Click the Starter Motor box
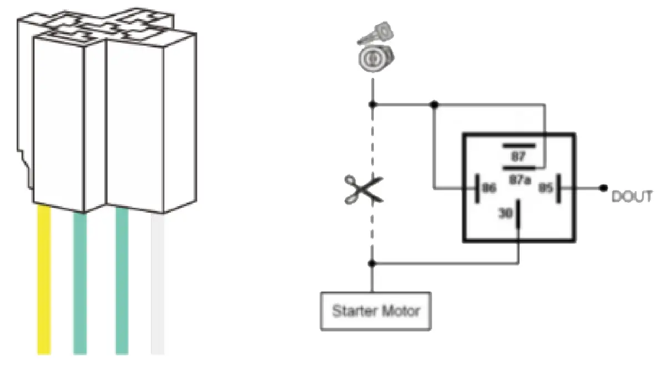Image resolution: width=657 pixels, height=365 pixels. (376, 311)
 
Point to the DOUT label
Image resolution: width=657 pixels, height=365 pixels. (631, 197)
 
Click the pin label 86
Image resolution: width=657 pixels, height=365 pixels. (489, 188)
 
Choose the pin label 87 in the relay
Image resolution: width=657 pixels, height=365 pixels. (518, 157)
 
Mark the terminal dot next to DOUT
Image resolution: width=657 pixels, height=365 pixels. (603, 188)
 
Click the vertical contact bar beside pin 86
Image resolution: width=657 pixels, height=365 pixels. (477, 188)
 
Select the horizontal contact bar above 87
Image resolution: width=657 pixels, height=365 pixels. (519, 146)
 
